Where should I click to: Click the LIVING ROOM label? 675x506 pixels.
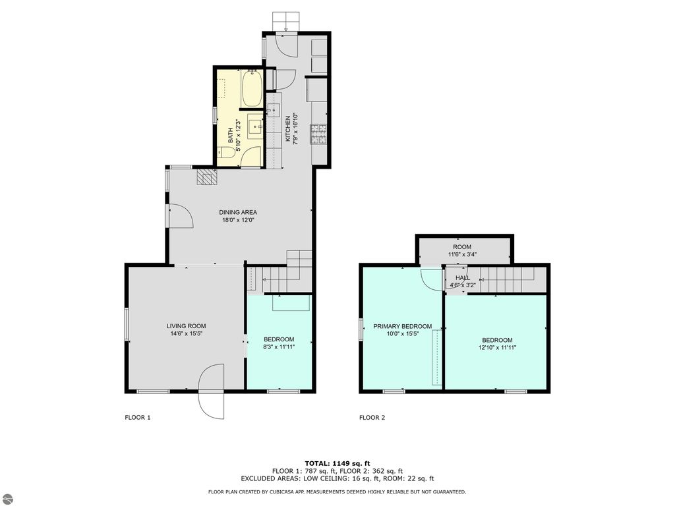[x=186, y=325]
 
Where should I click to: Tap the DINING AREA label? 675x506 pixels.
[x=238, y=212]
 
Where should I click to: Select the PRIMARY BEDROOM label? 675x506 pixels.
[x=402, y=326]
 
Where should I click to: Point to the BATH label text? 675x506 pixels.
[x=231, y=135]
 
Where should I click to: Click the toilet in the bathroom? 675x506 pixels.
[x=225, y=153]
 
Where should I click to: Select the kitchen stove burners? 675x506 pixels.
[x=322, y=134]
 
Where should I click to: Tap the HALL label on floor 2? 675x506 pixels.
[x=463, y=278]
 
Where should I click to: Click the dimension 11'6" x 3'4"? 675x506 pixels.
[x=462, y=254]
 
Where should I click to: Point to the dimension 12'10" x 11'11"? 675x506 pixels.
[x=497, y=347]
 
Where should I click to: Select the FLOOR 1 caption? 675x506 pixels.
[x=138, y=417]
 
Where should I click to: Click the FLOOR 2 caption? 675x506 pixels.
[x=372, y=417]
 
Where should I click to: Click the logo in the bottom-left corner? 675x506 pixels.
[x=7, y=498]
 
